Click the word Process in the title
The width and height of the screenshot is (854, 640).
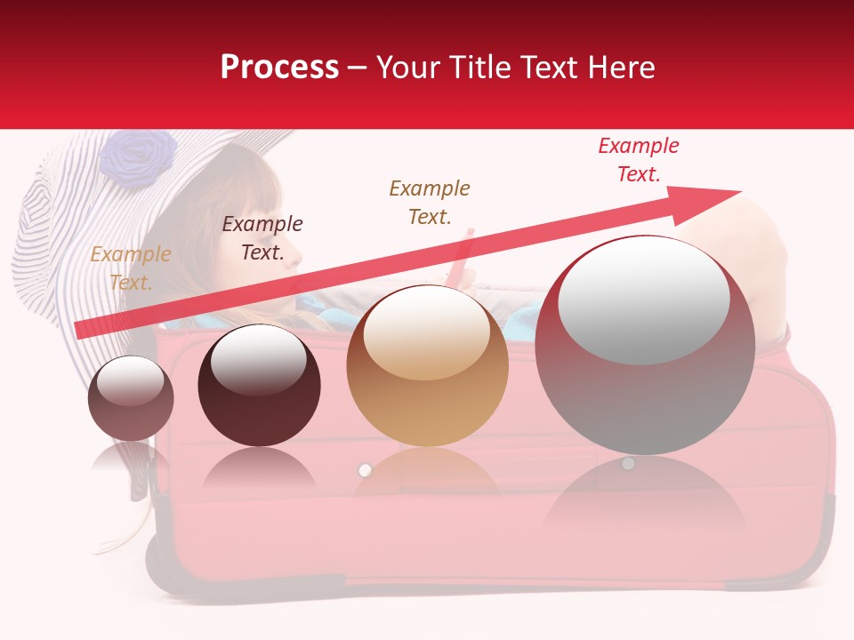[279, 68]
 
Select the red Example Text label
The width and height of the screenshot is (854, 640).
[639, 160]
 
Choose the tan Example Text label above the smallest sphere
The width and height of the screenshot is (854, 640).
[131, 268]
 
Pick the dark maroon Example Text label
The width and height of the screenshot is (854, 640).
[262, 238]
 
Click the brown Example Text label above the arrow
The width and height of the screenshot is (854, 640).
[430, 202]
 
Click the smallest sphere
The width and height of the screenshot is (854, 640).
[131, 399]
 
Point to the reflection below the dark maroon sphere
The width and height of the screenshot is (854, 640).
[259, 468]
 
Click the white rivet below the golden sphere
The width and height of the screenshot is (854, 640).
[364, 469]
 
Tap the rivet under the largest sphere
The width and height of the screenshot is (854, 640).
[628, 463]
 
